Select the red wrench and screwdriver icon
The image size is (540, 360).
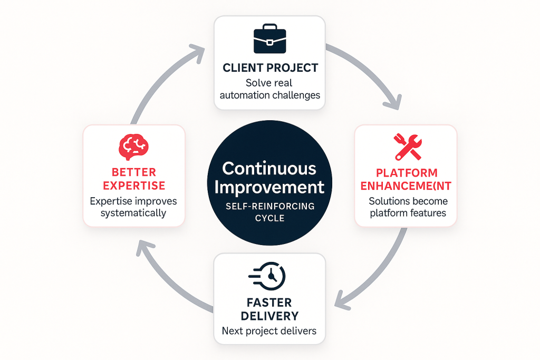click(x=407, y=147)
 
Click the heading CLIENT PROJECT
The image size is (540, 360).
click(x=270, y=67)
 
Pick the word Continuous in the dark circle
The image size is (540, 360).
click(x=269, y=168)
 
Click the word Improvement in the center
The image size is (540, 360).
click(x=269, y=187)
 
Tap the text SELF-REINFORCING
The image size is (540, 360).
click(x=269, y=207)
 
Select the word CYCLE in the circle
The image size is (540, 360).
click(x=269, y=218)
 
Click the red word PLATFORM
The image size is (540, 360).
click(x=407, y=173)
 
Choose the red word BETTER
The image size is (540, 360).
click(x=133, y=172)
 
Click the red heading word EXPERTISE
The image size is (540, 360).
click(x=133, y=186)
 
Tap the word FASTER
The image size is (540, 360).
click(x=269, y=303)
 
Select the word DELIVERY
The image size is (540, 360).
click(x=269, y=316)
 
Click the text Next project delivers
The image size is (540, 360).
click(x=269, y=331)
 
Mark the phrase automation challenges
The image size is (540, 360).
click(x=269, y=95)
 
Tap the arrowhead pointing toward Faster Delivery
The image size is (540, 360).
click(x=342, y=304)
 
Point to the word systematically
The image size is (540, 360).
click(x=133, y=213)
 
